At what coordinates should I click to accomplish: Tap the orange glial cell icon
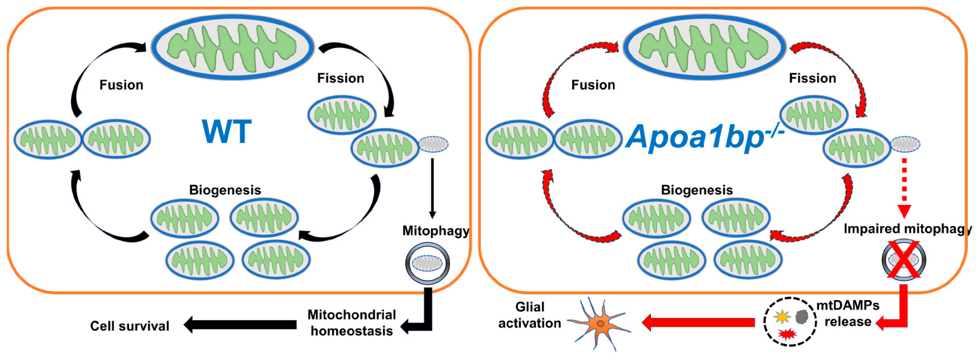click(x=600, y=323)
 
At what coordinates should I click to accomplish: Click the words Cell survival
click(x=130, y=326)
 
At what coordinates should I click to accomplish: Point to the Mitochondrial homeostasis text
click(x=352, y=323)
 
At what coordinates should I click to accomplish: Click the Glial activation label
click(x=529, y=315)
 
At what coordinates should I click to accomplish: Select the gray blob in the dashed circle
click(x=802, y=317)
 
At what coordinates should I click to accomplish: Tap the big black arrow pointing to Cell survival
click(x=240, y=325)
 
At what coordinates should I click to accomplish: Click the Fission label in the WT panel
click(x=340, y=78)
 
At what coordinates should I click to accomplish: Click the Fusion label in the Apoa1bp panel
click(x=593, y=85)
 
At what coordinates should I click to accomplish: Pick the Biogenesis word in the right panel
click(x=697, y=190)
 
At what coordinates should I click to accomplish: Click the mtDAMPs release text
click(x=848, y=314)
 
